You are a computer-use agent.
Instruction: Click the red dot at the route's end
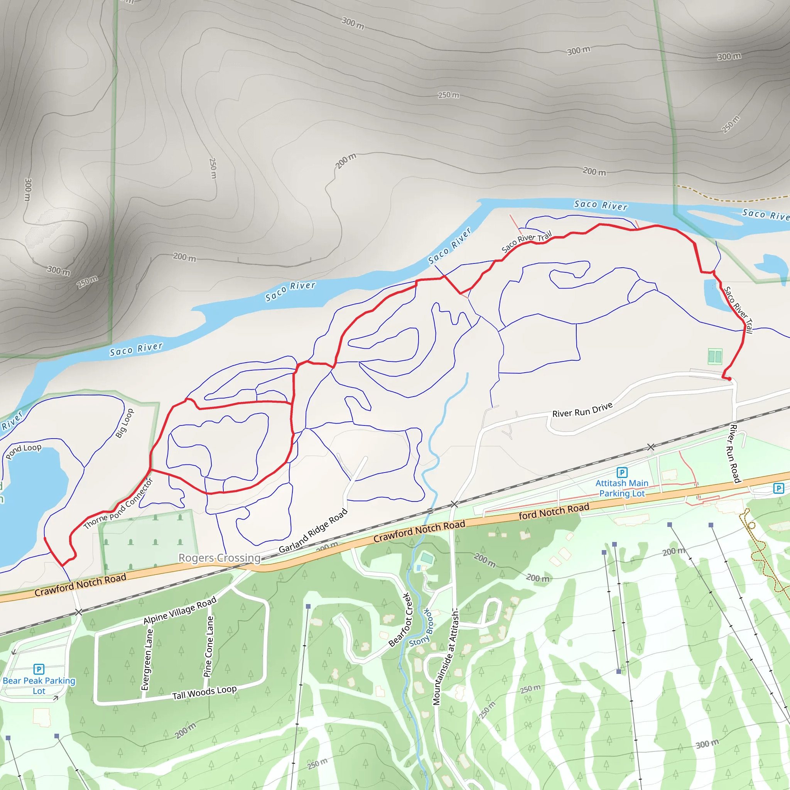(729, 379)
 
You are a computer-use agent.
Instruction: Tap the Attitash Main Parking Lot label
(622, 488)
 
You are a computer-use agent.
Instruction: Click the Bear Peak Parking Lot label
(39, 686)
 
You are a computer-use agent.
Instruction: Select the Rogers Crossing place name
(219, 558)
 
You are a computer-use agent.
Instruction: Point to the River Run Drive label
(582, 410)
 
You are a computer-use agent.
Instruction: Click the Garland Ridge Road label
(313, 530)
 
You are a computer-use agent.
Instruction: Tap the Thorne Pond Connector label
(118, 503)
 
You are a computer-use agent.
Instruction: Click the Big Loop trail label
(125, 423)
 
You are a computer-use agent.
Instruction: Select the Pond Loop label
(24, 451)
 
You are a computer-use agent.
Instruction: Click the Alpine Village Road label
(179, 611)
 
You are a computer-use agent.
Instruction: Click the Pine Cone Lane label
(209, 647)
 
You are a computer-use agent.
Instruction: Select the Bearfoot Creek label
(399, 620)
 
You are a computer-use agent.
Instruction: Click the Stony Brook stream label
(421, 628)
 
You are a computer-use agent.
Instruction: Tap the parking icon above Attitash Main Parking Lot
(622, 473)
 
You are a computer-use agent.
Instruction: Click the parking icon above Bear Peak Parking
(39, 669)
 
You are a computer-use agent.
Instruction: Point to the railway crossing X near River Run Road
(651, 447)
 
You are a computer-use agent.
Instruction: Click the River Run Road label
(735, 454)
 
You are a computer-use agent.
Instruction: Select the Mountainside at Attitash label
(446, 658)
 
